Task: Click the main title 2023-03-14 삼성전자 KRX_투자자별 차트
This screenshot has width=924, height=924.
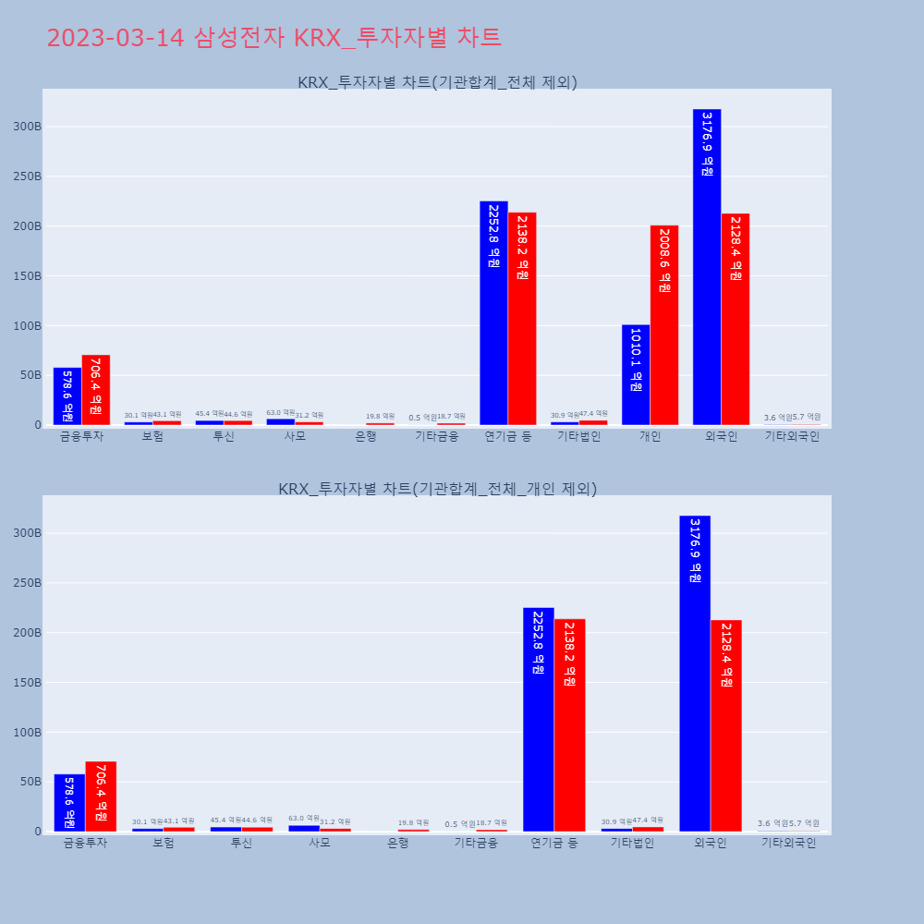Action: pos(274,38)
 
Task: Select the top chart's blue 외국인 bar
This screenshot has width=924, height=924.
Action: pos(707,268)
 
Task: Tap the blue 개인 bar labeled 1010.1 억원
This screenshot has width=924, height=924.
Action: pos(636,375)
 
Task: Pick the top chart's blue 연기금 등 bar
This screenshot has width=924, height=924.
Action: pos(493,313)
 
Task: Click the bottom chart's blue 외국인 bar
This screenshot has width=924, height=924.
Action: pos(695,674)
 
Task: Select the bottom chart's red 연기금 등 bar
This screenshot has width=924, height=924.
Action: pos(570,725)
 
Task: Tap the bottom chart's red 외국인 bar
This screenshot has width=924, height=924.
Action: pos(726,725)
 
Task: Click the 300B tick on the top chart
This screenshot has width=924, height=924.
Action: pos(26,127)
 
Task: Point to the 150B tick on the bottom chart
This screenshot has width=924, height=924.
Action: pos(26,683)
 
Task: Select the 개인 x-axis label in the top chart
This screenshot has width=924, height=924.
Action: pos(650,437)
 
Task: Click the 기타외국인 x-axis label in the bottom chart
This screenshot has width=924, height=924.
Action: pos(788,844)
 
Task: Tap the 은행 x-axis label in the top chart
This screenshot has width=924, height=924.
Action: pos(366,437)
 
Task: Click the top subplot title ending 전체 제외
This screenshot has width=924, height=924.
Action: pos(437,82)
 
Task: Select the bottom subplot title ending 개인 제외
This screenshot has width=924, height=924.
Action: pos(437,489)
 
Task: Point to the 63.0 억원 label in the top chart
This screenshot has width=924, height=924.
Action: pos(281,413)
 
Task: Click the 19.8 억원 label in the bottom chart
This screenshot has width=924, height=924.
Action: pos(413,823)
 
